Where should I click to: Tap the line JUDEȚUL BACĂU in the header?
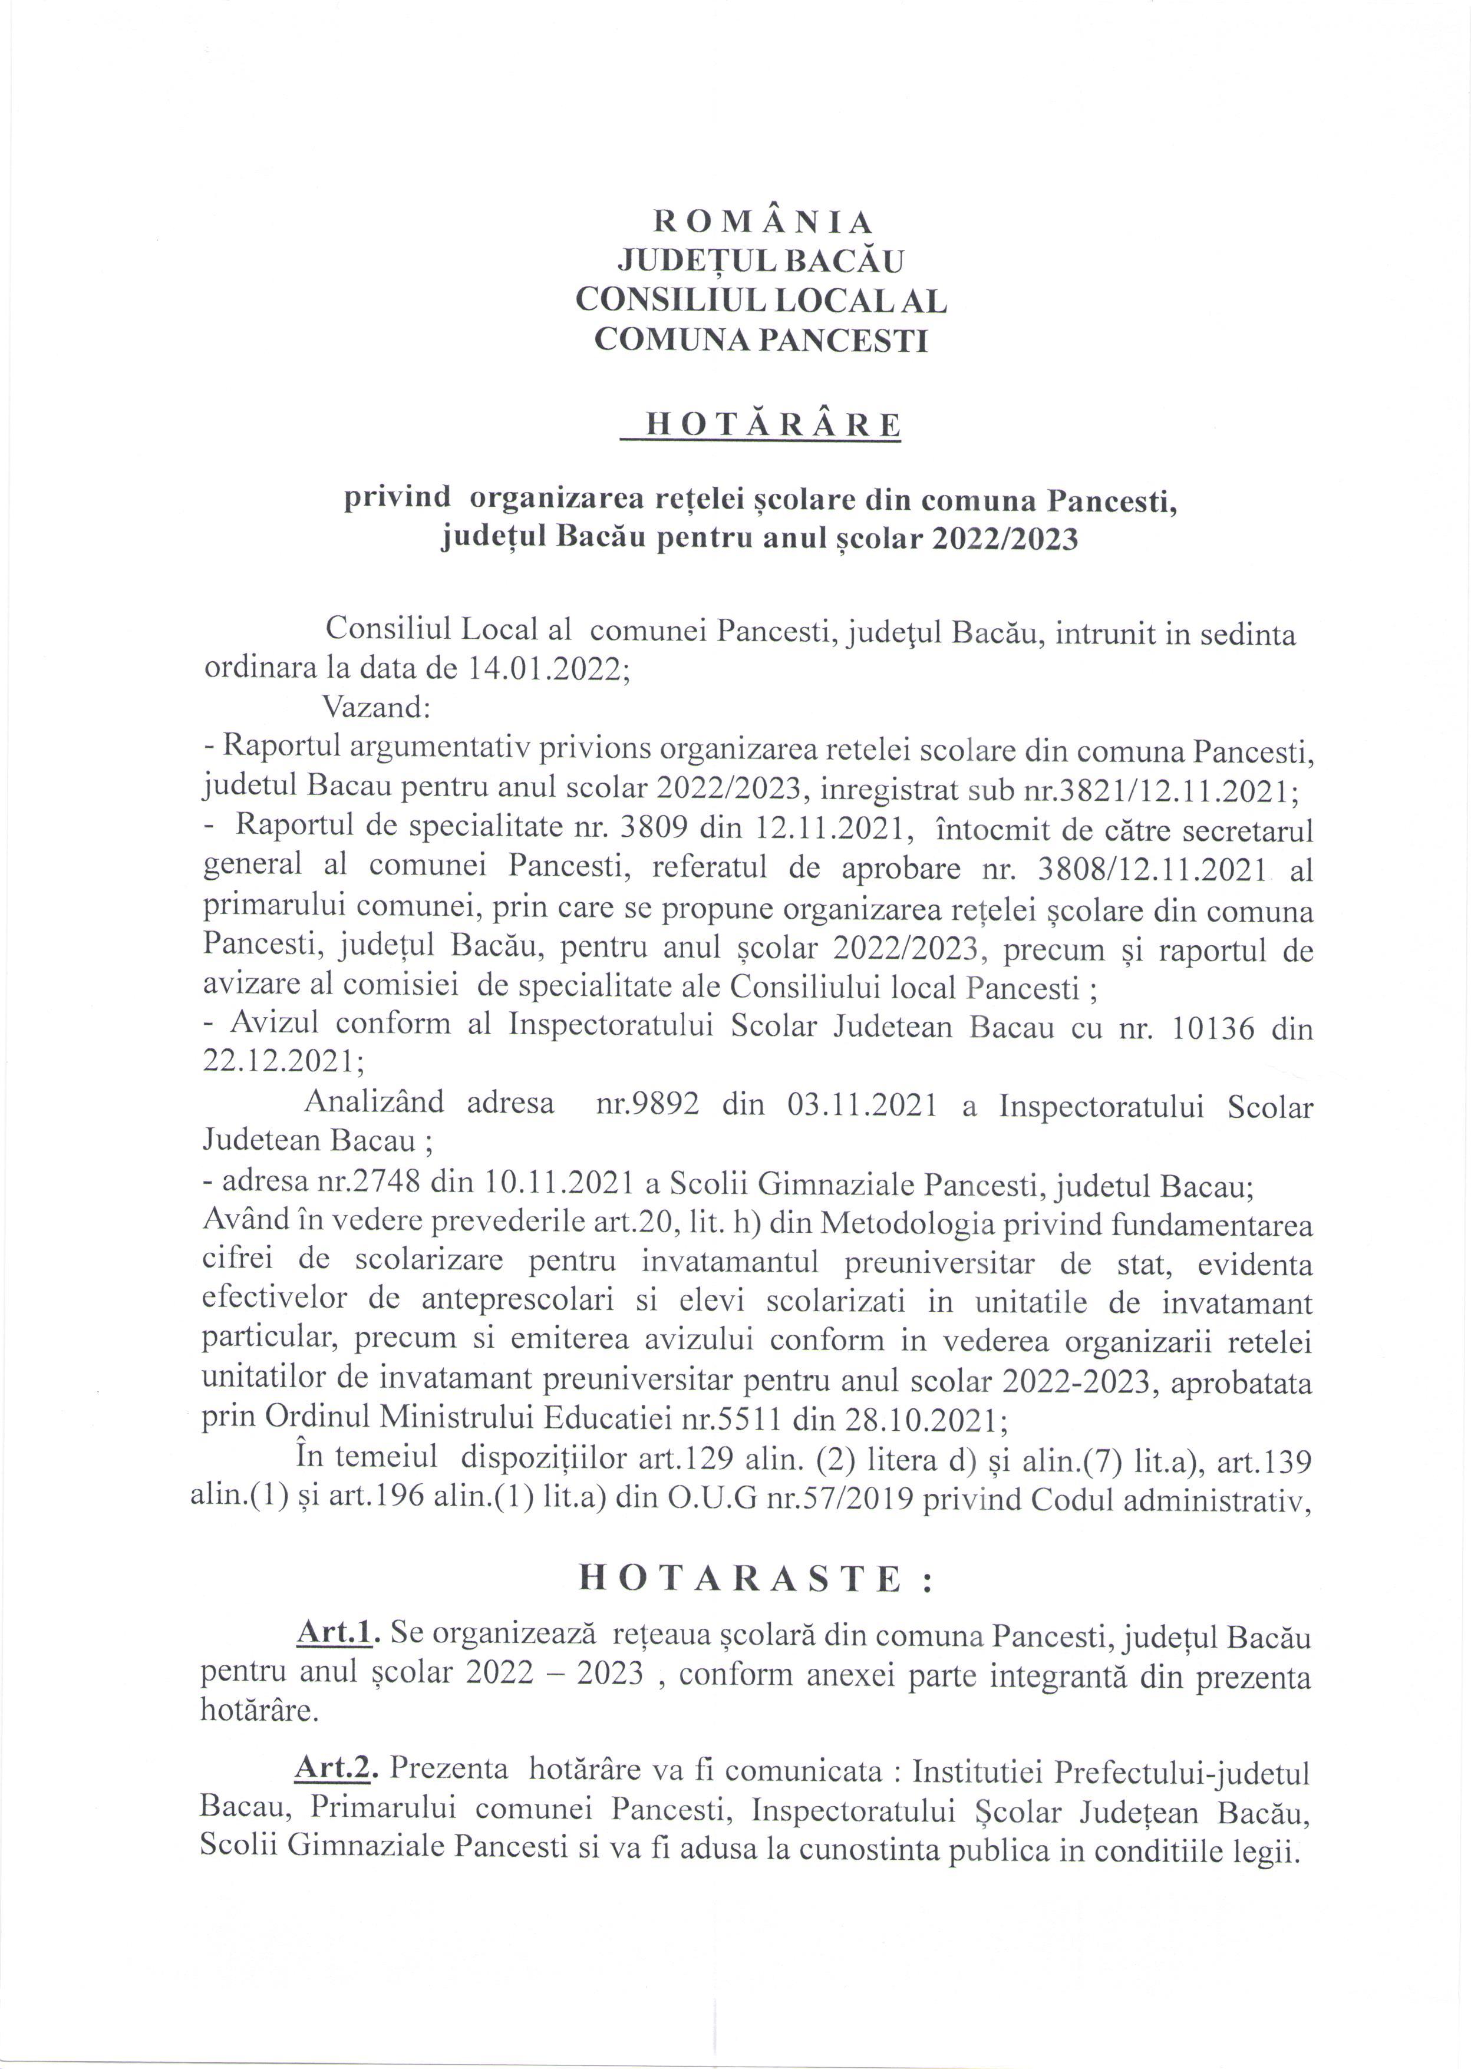[x=761, y=261]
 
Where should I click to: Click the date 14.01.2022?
[x=547, y=668]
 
